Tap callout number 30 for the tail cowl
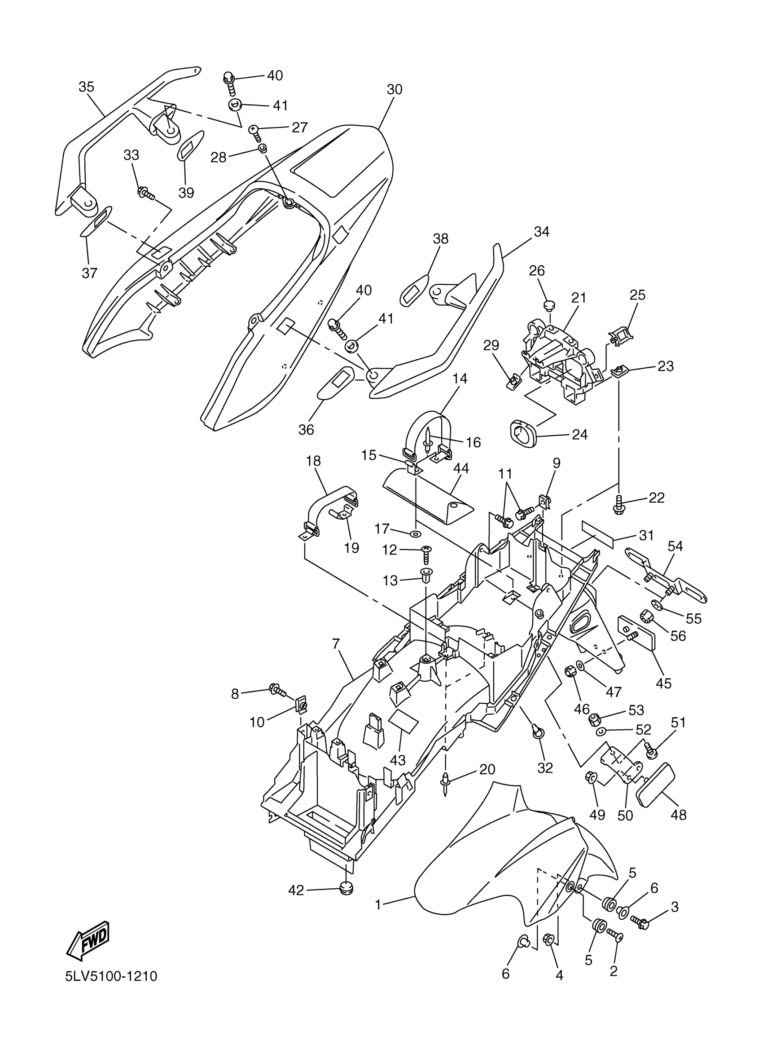pos(394,90)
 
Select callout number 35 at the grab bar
pos(86,87)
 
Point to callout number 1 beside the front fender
pos(378,905)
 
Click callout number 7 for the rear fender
pos(336,644)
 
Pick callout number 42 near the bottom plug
pos(296,890)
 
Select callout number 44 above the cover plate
pos(461,468)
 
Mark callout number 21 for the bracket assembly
pos(579,298)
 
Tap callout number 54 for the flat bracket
pos(675,547)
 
